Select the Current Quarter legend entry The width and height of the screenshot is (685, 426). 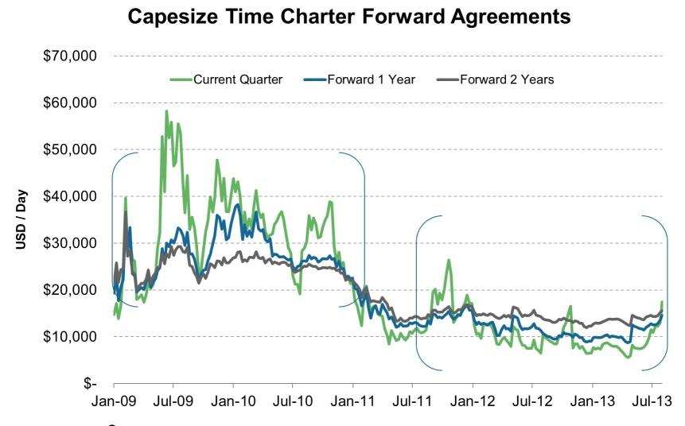click(226, 79)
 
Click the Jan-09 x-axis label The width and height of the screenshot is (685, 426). click(114, 401)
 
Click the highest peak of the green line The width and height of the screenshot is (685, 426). click(166, 111)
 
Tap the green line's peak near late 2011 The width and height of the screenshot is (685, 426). click(449, 260)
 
